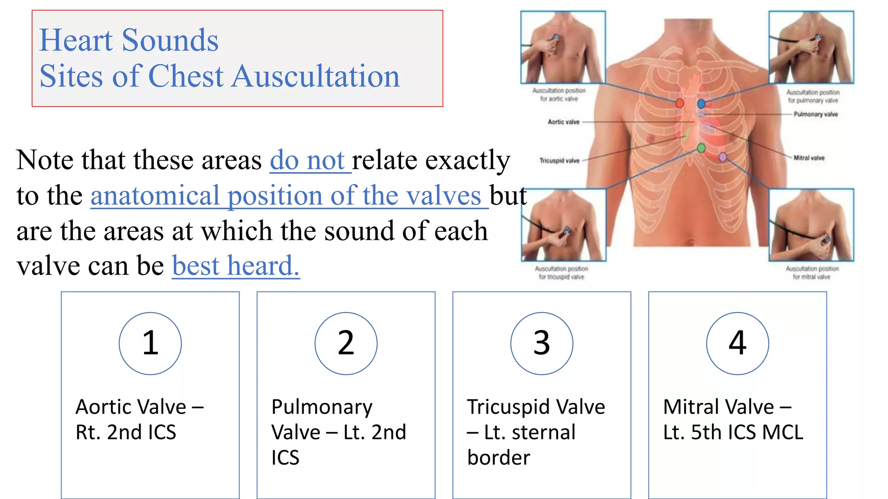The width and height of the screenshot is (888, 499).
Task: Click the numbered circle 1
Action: click(x=150, y=343)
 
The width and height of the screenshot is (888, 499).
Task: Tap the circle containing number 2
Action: click(x=346, y=343)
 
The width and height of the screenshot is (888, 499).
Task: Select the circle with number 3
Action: click(x=542, y=343)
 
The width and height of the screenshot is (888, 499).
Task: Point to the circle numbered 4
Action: click(x=737, y=343)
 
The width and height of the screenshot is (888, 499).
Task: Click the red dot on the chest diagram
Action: click(x=679, y=103)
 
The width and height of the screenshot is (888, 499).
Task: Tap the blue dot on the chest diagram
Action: click(x=701, y=104)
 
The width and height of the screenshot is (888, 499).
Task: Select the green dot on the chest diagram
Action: click(x=701, y=149)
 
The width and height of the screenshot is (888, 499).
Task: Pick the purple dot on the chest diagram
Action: click(x=723, y=157)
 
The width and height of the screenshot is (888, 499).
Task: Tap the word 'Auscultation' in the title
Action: click(x=316, y=76)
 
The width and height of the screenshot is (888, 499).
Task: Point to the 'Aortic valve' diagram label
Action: click(x=563, y=122)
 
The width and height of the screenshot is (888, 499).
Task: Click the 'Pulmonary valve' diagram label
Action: click(x=816, y=114)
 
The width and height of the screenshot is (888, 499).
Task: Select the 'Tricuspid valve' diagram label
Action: click(x=559, y=161)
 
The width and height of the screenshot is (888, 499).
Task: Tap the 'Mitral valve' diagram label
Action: click(x=809, y=158)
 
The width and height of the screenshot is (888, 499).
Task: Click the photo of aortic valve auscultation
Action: click(x=563, y=47)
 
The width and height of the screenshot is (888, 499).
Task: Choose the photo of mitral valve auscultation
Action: click(x=811, y=225)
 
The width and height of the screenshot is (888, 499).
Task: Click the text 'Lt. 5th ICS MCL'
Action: click(x=733, y=432)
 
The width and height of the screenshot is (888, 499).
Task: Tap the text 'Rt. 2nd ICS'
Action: click(x=126, y=432)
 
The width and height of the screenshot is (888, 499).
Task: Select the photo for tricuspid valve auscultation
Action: click(x=563, y=225)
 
